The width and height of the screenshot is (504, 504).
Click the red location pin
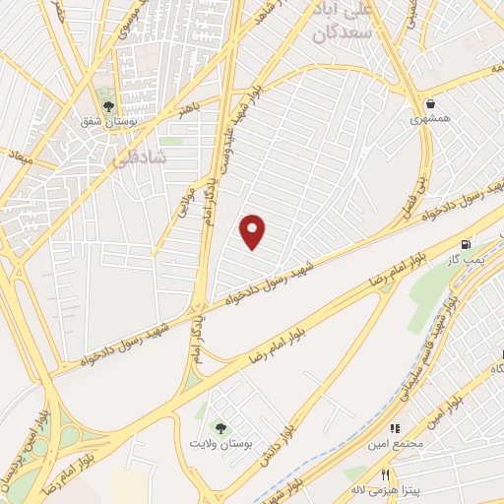point(254,231)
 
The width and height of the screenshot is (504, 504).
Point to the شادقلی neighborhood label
point(148,158)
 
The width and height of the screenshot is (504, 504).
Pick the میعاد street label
point(19,155)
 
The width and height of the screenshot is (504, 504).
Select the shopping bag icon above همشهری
point(431,102)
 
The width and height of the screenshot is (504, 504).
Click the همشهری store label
point(430,119)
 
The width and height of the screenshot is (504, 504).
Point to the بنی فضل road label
point(413,194)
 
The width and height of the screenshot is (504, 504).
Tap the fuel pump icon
point(465,243)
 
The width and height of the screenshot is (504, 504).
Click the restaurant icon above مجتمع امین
point(396,430)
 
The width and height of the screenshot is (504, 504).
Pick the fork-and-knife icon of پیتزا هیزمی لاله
point(357,472)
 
